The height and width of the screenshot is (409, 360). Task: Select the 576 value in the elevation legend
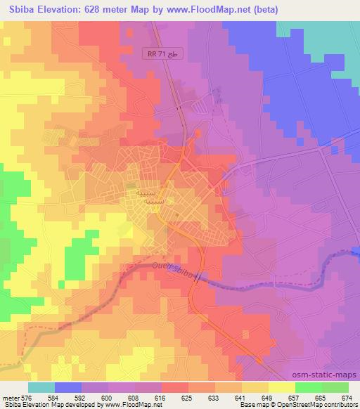click(x=20, y=396)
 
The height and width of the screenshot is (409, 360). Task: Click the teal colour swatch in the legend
click(x=41, y=387)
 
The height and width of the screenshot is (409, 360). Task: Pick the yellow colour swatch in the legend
click(x=281, y=387)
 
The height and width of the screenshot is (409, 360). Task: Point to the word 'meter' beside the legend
click(x=8, y=396)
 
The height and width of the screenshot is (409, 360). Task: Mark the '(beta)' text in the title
click(x=261, y=10)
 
